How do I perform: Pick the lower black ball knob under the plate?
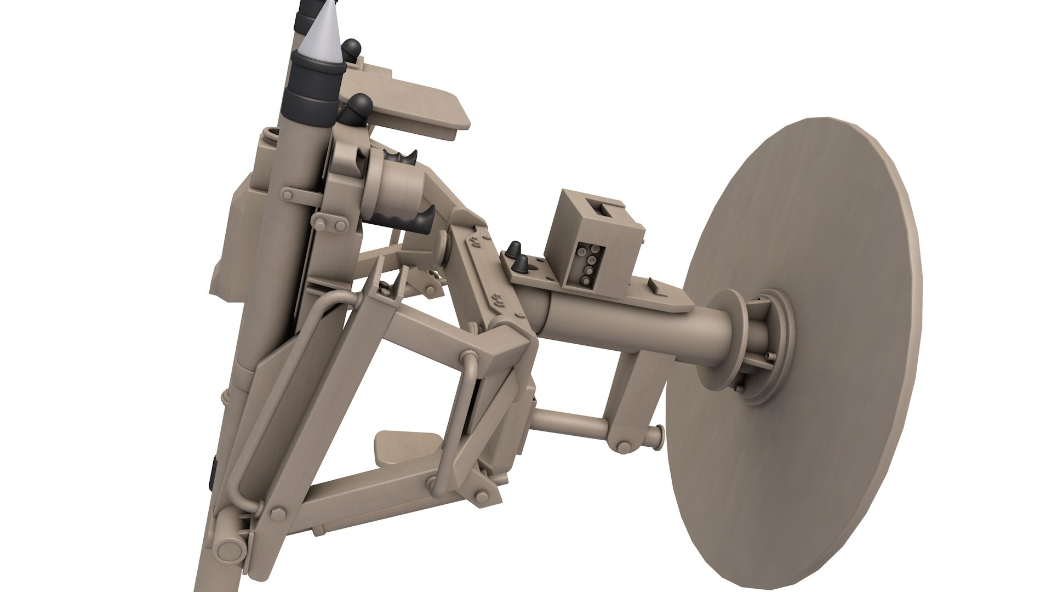point(359,107)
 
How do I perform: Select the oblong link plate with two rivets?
point(329,223)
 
